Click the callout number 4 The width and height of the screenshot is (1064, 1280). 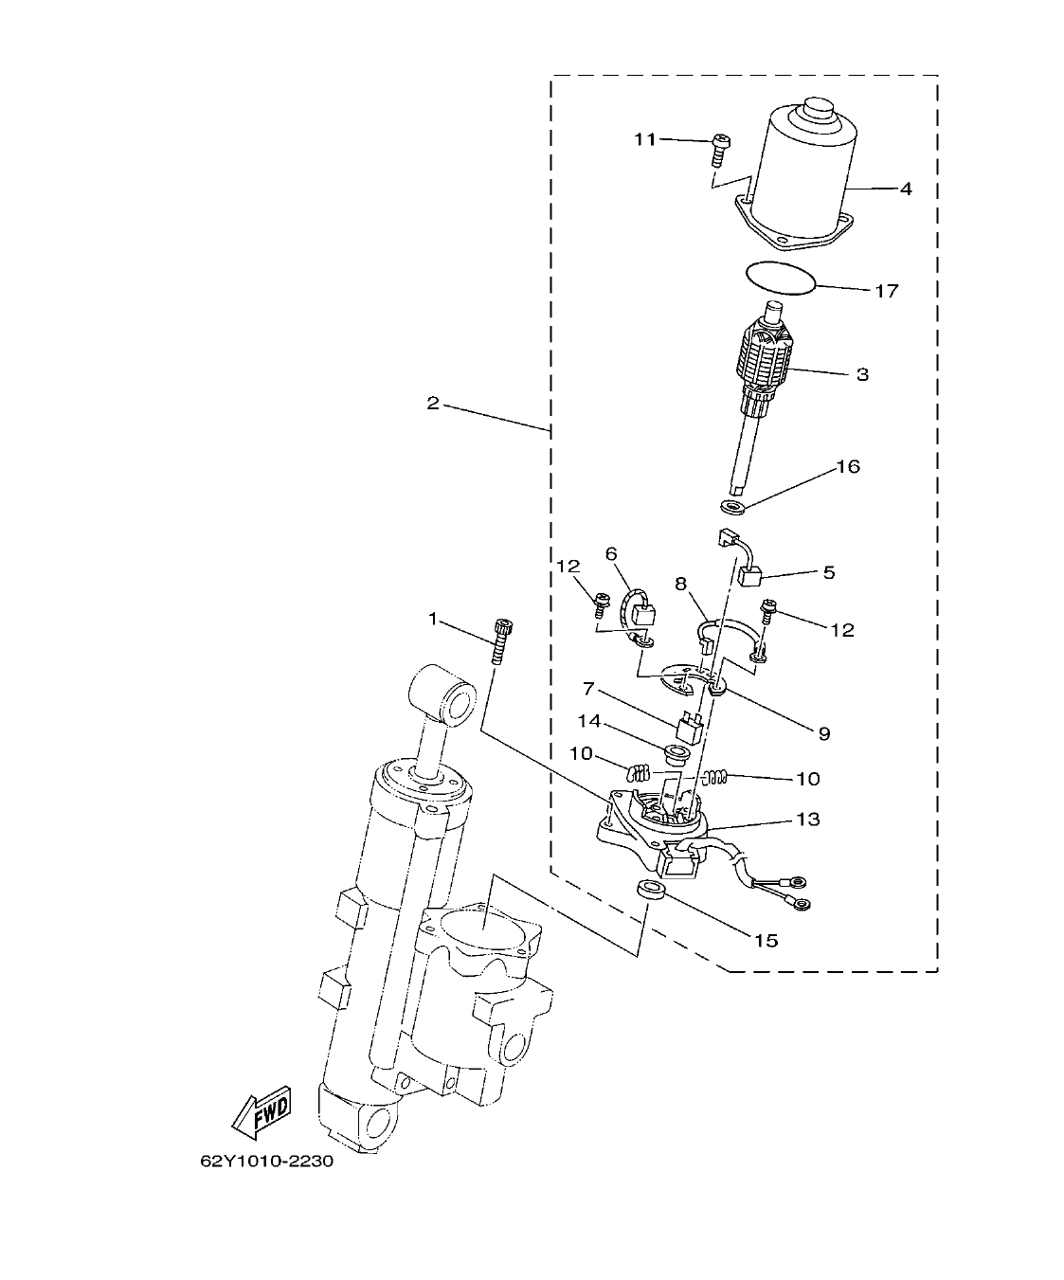tap(906, 189)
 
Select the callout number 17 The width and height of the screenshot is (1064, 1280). tap(886, 291)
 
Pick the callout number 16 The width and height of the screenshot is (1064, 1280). tap(847, 467)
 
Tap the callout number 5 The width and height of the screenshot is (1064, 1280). tap(828, 572)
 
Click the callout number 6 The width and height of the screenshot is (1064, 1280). tap(610, 553)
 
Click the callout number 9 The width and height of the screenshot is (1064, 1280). tap(823, 732)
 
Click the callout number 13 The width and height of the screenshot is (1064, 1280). tap(808, 819)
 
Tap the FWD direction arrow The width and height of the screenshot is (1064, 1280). tap(262, 1110)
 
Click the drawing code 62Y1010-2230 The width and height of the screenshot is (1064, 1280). tap(266, 1162)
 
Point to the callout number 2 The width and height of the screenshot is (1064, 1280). tap(432, 403)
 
